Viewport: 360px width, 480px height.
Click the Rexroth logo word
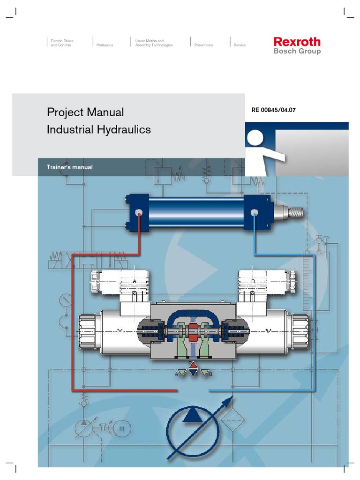(x=297, y=42)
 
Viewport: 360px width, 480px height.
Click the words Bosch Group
(x=297, y=52)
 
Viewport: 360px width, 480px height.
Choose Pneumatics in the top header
(x=203, y=45)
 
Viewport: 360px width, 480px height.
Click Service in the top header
(x=240, y=45)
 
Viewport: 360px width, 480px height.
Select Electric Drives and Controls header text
(x=61, y=43)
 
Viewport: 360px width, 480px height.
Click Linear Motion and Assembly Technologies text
(x=153, y=43)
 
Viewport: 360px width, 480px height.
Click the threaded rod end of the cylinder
(x=295, y=212)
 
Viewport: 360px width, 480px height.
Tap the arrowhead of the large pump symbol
(x=228, y=401)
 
